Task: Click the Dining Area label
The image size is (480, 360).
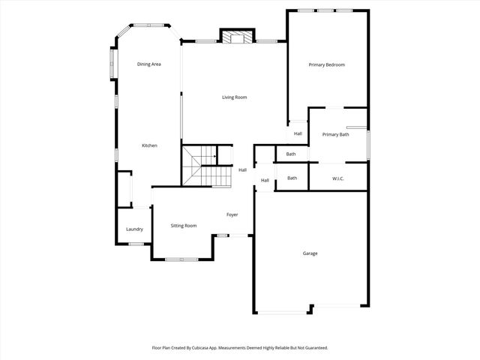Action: tap(149, 64)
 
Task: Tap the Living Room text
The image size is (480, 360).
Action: tap(234, 97)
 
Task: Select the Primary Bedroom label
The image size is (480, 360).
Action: tap(327, 64)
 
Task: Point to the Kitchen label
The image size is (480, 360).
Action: tap(149, 145)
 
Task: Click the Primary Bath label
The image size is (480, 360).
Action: tap(335, 134)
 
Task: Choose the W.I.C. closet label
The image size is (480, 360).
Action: tap(337, 178)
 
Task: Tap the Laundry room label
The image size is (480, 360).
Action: tap(134, 229)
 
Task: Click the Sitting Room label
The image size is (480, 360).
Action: tap(184, 225)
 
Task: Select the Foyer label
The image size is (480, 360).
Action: tap(232, 214)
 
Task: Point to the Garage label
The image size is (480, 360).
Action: tap(310, 253)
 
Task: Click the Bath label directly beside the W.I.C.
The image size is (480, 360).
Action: tap(292, 178)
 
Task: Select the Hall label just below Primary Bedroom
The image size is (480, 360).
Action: tap(298, 133)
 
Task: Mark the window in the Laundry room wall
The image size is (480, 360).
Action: tap(136, 244)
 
